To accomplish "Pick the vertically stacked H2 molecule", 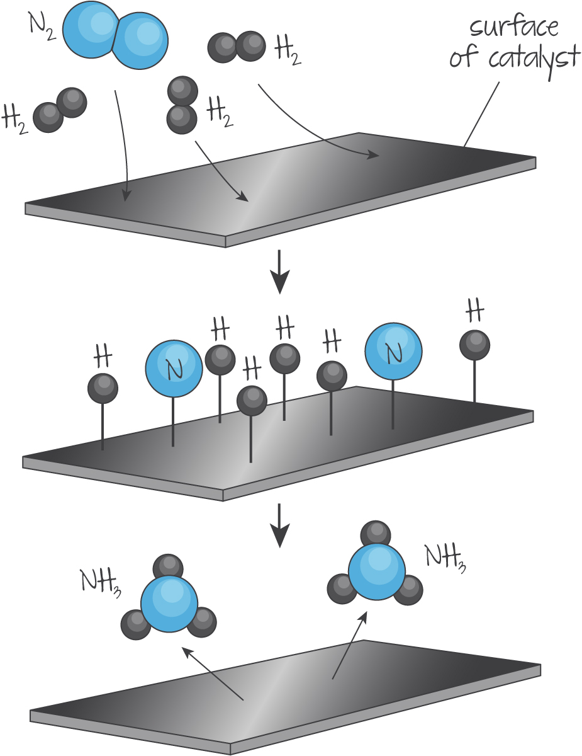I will pos(182,105).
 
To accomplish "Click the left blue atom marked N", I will pos(174,369).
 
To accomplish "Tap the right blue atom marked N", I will pos(394,352).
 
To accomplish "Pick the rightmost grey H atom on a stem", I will pos(474,345).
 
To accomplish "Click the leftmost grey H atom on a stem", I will pos(103,388).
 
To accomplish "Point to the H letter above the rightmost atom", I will pos(474,310).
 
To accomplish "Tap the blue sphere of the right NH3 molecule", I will pos(377,572).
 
